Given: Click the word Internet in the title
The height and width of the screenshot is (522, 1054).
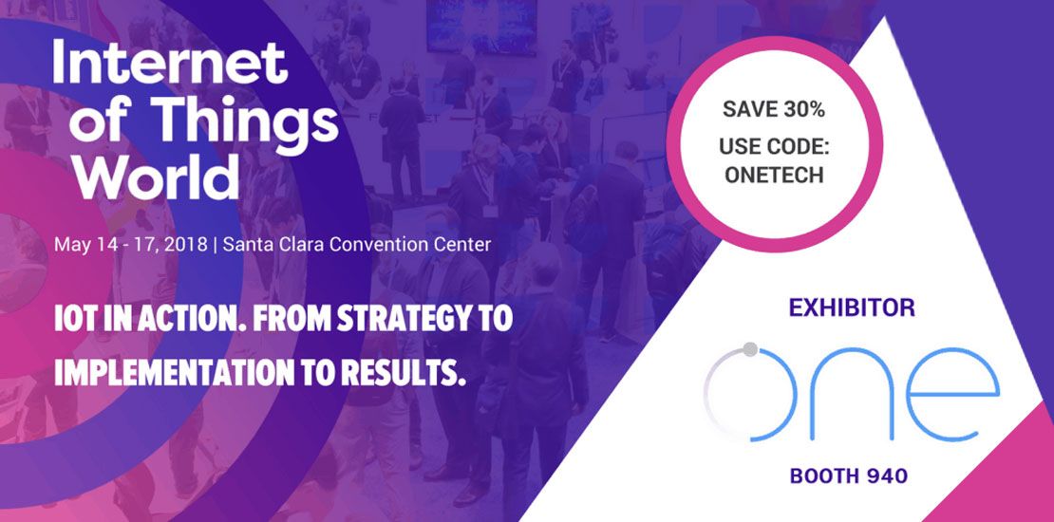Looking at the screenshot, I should (169, 64).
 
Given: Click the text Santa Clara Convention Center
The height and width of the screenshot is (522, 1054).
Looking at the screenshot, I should (357, 244).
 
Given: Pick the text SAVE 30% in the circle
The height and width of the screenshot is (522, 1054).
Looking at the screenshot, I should (774, 109).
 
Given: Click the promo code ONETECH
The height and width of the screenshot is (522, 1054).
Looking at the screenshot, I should (774, 176).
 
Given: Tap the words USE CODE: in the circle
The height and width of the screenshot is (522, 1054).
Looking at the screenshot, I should (774, 148).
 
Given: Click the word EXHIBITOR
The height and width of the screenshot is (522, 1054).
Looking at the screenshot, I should (852, 308).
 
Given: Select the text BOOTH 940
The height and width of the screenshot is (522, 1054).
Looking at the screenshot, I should (849, 475).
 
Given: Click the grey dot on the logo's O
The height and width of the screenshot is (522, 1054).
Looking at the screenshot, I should (750, 349).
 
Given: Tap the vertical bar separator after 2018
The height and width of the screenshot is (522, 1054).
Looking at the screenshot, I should (216, 244).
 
